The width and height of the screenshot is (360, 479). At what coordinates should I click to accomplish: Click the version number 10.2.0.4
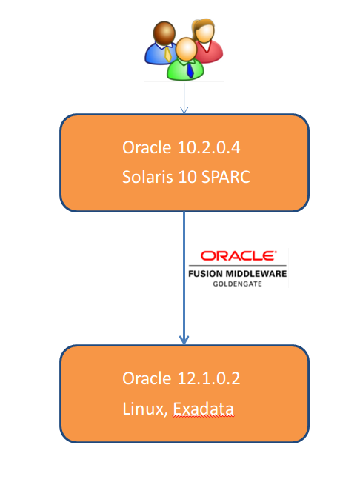(x=209, y=147)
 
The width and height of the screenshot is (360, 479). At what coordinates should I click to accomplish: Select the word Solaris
(x=147, y=177)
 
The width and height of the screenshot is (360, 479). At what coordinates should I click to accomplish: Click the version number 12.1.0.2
(x=209, y=378)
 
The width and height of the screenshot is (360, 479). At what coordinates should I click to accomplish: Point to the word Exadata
(x=204, y=409)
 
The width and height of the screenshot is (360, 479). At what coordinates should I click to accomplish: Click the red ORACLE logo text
(x=239, y=255)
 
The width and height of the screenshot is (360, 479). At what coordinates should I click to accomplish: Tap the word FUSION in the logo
(x=205, y=273)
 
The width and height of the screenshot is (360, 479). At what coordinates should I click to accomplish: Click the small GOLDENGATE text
(x=238, y=284)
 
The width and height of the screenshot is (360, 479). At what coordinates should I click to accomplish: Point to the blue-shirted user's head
(x=164, y=33)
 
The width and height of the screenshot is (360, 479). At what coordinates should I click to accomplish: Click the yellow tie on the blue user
(x=167, y=54)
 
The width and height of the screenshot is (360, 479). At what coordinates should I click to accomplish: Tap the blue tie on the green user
(x=190, y=70)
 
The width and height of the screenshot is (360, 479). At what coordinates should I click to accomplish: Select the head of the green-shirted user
(x=186, y=49)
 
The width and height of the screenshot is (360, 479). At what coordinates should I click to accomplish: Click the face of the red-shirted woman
(x=204, y=32)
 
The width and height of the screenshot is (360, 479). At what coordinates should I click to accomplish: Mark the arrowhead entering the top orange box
(x=184, y=110)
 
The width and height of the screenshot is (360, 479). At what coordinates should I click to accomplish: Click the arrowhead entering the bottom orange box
(x=184, y=340)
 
